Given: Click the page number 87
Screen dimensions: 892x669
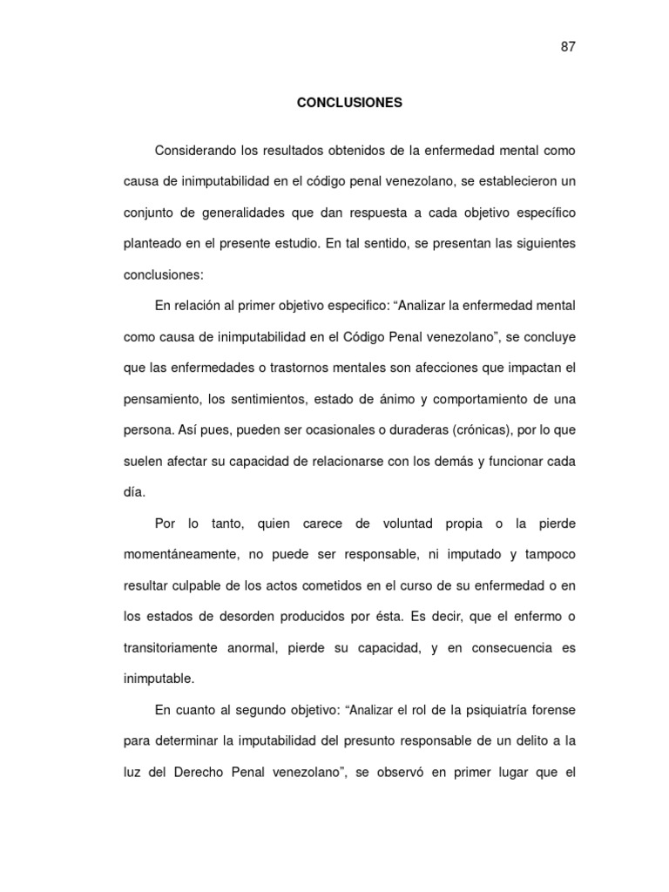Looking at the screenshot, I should (568, 47).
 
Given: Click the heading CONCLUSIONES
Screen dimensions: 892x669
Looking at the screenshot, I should (349, 102).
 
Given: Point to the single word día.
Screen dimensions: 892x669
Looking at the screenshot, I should (133, 492).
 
